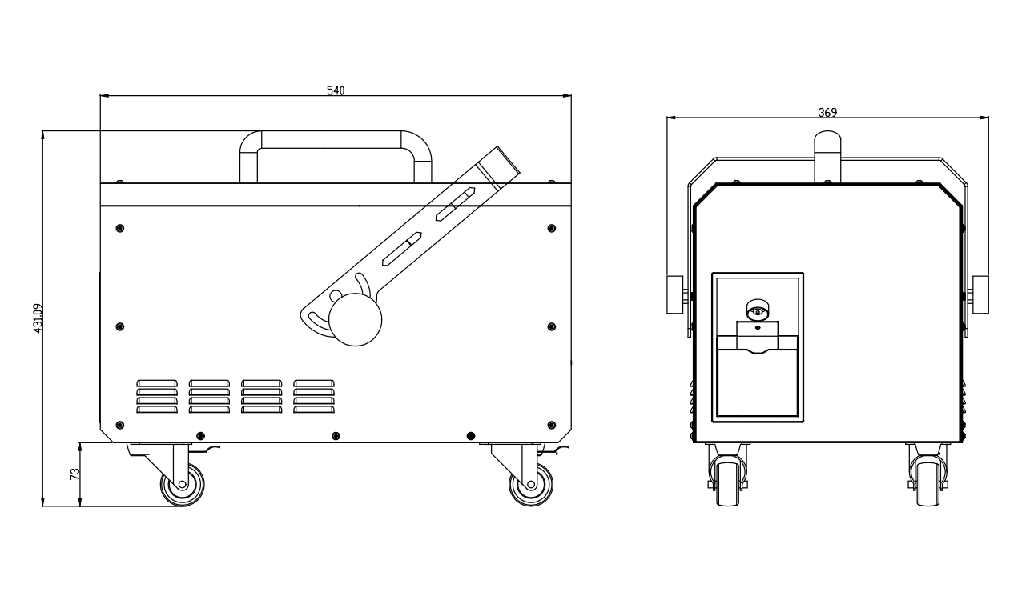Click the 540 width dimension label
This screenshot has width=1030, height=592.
point(336,90)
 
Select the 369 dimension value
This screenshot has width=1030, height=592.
point(827,113)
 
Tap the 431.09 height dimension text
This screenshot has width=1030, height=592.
point(38,318)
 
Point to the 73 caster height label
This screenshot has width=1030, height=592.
point(75,474)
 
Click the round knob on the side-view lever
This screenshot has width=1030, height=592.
point(355,320)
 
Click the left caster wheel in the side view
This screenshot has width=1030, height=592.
point(183,485)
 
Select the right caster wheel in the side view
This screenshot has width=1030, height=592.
point(531,485)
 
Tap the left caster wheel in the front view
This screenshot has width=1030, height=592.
point(728,485)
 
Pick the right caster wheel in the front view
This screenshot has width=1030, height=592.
point(928,485)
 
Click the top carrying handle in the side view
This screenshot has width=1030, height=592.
point(336,140)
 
